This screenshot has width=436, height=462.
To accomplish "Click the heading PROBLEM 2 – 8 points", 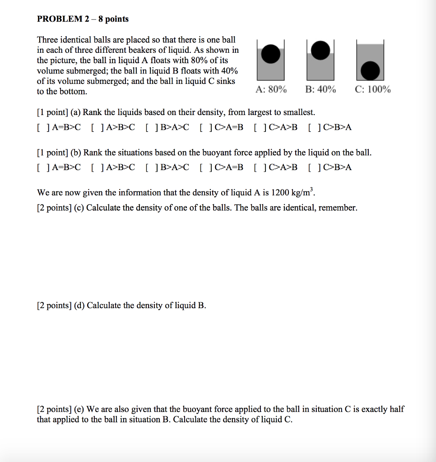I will [x=83, y=19].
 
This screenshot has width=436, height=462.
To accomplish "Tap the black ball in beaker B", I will [x=320, y=50].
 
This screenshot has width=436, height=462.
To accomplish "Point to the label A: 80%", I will [x=271, y=89].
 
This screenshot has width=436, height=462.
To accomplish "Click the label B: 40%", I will [x=320, y=89].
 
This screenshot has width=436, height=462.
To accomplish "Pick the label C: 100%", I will [x=373, y=89].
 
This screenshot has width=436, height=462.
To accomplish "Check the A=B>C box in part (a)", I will [x=42, y=127].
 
